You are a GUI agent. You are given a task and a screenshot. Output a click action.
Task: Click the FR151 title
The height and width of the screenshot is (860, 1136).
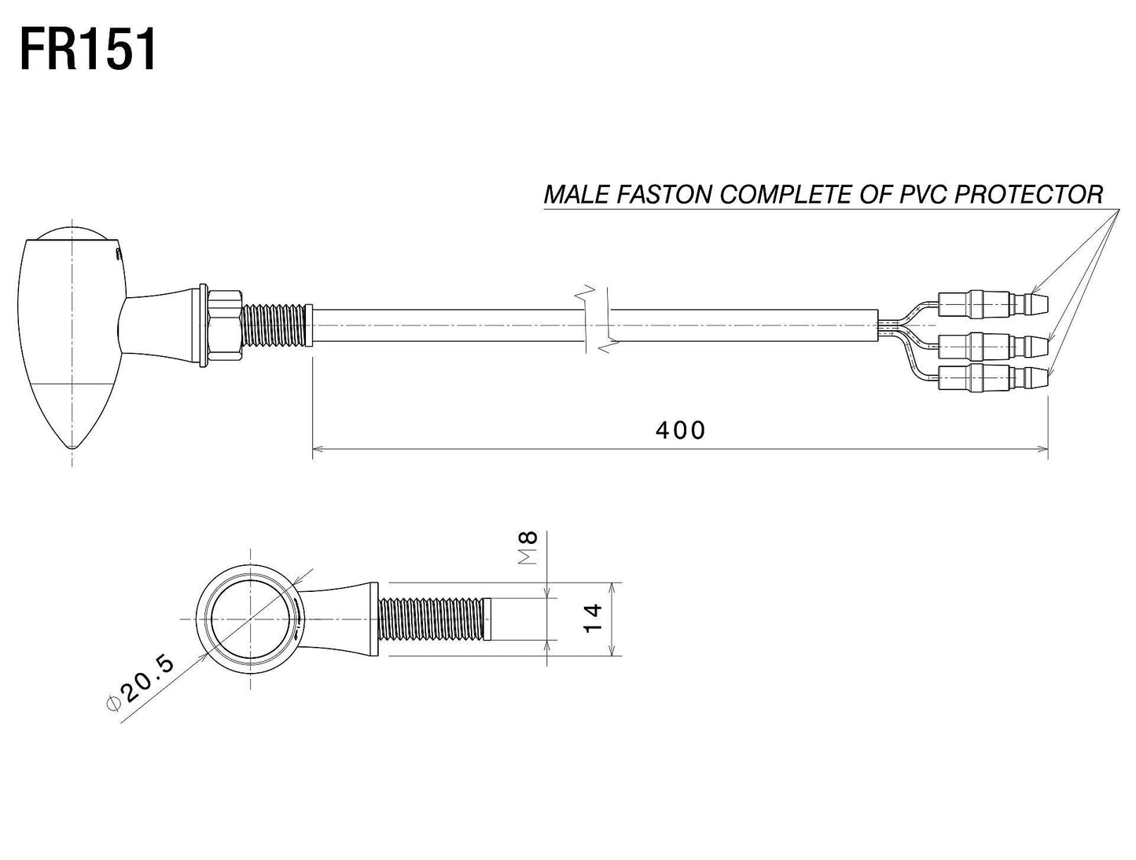click(x=88, y=51)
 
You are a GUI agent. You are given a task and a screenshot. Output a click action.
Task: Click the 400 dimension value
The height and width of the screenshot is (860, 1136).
click(x=679, y=431)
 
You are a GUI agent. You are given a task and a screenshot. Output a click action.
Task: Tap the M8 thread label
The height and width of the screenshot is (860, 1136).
click(x=528, y=547)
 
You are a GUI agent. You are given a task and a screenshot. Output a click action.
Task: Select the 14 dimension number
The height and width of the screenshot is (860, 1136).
click(x=593, y=619)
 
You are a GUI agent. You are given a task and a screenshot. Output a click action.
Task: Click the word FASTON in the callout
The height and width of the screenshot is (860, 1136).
click(x=664, y=194)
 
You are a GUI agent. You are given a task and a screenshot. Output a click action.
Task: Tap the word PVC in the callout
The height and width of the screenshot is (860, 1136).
click(x=924, y=194)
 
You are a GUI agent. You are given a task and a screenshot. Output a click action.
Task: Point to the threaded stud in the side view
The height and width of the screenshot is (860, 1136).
click(x=274, y=325)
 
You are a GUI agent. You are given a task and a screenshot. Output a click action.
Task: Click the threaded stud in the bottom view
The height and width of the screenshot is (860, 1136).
click(x=435, y=619)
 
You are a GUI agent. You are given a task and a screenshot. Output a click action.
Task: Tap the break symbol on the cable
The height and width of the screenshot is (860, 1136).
click(x=597, y=318)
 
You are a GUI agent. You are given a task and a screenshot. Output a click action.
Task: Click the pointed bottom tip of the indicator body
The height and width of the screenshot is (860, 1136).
click(x=73, y=447)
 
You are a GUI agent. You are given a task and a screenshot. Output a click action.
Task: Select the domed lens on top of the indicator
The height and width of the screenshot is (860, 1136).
click(x=72, y=233)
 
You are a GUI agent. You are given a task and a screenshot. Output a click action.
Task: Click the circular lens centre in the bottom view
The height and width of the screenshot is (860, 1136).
click(x=251, y=619)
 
